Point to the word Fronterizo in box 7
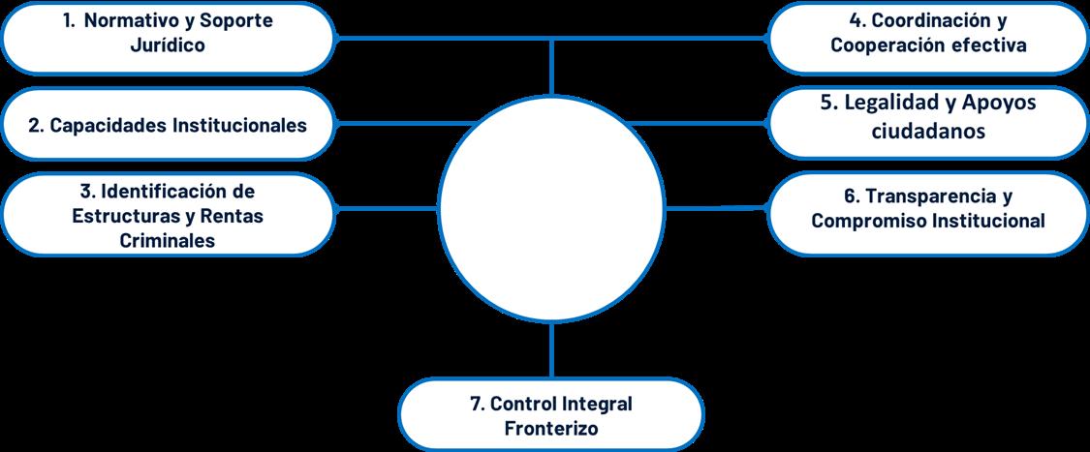pos(551,427)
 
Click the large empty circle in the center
pos(551,208)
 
